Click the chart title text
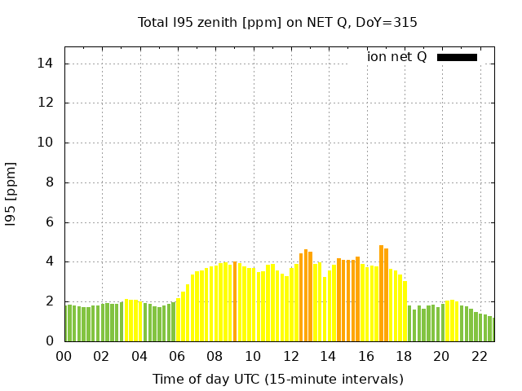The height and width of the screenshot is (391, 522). tap(277, 22)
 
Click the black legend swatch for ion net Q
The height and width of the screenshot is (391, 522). tap(457, 57)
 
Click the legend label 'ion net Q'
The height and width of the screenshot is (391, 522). tap(397, 57)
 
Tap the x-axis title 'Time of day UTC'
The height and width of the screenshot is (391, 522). tap(277, 379)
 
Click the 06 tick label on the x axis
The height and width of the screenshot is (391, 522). tap(177, 356)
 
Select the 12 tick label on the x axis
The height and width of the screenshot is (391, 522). tap(290, 356)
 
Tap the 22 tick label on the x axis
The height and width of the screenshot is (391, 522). tap(479, 356)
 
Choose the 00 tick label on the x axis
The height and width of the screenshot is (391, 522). tap(64, 356)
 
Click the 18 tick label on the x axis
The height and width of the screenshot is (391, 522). tap(404, 356)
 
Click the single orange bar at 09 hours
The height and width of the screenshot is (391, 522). tap(235, 301)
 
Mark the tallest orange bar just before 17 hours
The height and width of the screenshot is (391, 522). tap(381, 293)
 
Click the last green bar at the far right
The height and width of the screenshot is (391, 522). tap(491, 329)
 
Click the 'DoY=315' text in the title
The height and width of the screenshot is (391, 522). tap(388, 22)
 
